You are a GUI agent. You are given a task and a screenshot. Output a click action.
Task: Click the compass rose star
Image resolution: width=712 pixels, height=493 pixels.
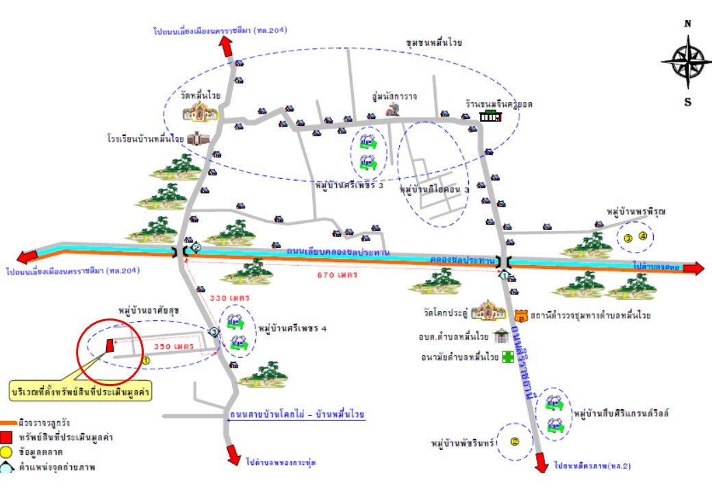point(686,61)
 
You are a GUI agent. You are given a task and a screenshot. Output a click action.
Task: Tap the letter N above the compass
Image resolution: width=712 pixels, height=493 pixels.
point(687,24)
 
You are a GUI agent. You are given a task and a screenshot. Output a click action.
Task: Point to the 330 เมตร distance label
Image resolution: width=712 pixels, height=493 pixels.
point(229,299)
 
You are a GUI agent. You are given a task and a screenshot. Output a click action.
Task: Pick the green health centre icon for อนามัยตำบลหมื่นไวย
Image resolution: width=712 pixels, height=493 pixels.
point(507,357)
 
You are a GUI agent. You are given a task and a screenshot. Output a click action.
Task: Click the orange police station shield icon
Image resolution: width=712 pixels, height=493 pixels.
point(520,316)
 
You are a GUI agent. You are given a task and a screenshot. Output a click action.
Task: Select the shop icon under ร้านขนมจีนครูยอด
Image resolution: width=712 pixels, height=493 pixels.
point(490,117)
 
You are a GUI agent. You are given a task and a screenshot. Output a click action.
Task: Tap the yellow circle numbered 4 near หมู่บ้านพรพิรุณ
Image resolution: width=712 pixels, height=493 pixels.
point(643,237)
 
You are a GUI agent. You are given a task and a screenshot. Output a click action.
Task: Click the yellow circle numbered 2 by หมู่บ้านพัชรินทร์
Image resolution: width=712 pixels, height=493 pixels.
point(515,442)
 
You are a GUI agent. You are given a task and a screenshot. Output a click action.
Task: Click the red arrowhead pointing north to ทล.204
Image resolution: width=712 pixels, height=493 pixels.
point(225,47)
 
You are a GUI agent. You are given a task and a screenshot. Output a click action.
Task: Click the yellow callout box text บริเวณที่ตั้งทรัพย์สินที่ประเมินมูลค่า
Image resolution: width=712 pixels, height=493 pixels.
point(81,392)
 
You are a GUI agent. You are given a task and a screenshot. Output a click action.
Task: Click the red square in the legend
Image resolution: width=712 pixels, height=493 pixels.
point(7,438)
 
